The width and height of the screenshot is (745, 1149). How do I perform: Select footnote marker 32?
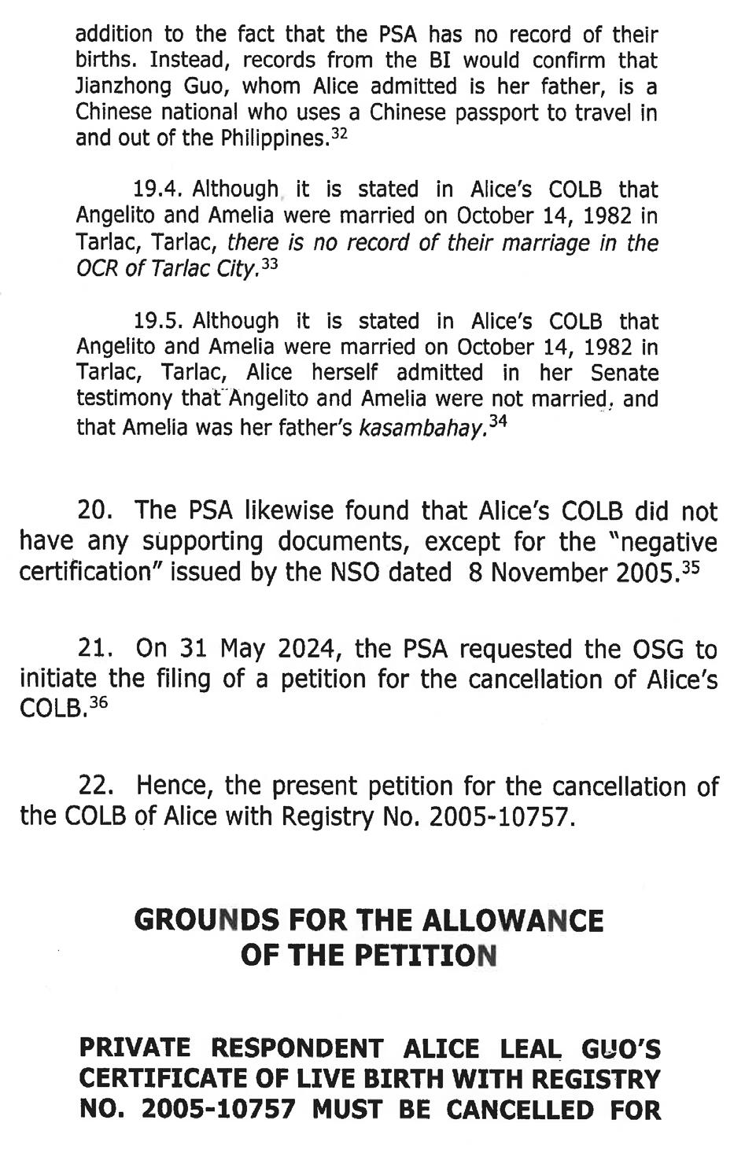pos(339,134)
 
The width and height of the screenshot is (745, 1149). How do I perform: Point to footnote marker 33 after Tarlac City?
pos(270,264)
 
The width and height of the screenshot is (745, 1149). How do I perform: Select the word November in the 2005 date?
pos(558,572)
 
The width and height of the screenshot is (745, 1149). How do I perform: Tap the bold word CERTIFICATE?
pos(165,1079)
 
